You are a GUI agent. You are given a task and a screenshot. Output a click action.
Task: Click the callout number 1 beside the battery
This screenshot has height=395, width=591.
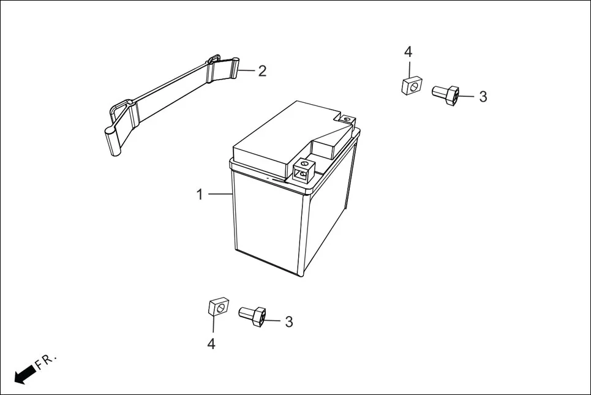[199, 194]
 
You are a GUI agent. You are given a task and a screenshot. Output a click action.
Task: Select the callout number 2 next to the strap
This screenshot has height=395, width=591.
[262, 71]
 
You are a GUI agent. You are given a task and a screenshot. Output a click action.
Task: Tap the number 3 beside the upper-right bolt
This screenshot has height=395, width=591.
[483, 97]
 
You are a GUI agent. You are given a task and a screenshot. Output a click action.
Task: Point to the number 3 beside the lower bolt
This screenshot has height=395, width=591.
[288, 322]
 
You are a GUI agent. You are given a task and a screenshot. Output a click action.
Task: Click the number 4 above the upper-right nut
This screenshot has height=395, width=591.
[408, 52]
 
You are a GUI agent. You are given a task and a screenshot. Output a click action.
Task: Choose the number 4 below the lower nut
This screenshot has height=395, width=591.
[211, 344]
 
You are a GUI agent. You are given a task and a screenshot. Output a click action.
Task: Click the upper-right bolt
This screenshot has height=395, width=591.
[445, 94]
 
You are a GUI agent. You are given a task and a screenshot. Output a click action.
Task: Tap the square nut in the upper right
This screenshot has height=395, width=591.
[412, 85]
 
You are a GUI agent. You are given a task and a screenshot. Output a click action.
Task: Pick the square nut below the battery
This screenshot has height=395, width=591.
[217, 306]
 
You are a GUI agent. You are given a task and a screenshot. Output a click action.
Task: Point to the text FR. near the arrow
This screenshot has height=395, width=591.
[46, 361]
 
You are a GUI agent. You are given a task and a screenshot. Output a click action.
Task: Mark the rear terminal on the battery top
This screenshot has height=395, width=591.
[347, 119]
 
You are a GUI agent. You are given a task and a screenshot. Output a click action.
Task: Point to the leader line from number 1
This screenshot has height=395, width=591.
[219, 194]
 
